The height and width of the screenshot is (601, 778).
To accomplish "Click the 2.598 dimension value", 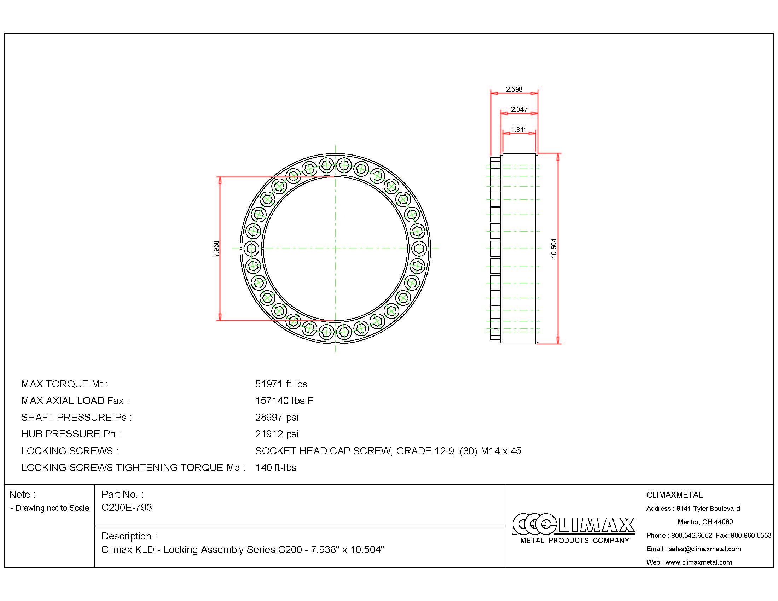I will click(514, 89).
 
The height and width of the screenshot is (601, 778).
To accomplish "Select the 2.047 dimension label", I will click(519, 109).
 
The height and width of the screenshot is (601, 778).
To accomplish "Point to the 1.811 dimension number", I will click(519, 130).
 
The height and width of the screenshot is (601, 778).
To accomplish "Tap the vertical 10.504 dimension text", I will click(553, 248).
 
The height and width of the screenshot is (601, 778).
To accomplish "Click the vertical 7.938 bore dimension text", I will click(216, 249).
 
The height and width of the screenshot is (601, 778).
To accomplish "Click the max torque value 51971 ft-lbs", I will click(281, 384).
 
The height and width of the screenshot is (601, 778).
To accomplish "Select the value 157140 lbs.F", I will click(284, 401).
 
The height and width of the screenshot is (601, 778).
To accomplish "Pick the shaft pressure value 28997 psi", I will click(277, 417).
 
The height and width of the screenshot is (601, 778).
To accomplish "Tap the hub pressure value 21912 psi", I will click(277, 434).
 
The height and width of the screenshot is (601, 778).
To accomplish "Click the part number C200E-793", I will click(127, 507).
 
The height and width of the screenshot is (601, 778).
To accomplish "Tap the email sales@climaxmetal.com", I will click(704, 549).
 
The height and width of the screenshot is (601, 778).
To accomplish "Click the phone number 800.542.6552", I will click(691, 535).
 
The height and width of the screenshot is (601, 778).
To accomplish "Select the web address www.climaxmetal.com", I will click(698, 562).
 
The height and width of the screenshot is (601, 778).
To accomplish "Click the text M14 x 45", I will click(501, 451).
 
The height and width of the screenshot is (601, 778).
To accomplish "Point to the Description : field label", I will click(129, 536).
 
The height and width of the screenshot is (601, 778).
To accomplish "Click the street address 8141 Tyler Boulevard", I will click(708, 508).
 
